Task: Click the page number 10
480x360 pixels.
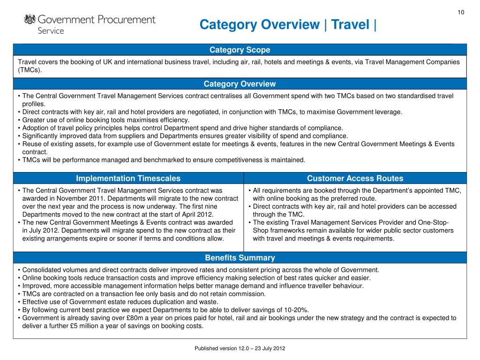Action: (x=461, y=12)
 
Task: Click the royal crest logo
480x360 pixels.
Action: (x=30, y=20)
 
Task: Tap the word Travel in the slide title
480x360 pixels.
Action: (x=351, y=24)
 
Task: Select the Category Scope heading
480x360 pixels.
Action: (x=240, y=50)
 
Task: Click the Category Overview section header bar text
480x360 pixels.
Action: (x=240, y=84)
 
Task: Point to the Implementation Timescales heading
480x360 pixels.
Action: (x=128, y=178)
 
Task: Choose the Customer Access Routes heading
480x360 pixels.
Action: (x=355, y=178)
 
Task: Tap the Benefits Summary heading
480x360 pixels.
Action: (x=240, y=258)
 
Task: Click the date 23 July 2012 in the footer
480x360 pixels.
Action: (x=270, y=349)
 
